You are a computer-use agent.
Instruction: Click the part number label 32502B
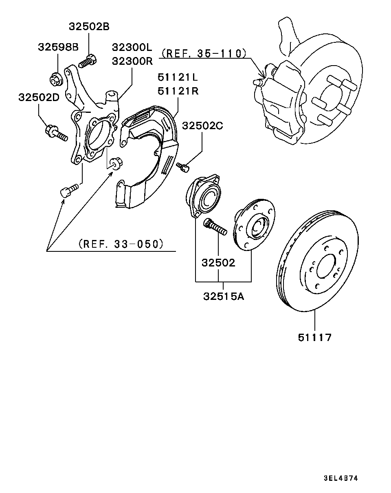tap(89, 27)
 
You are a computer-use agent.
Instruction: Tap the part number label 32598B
tap(58, 47)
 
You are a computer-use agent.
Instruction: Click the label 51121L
tap(178, 77)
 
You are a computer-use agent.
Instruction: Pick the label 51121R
tap(178, 91)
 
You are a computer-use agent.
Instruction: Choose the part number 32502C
tap(202, 126)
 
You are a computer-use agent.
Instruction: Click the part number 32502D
tap(38, 97)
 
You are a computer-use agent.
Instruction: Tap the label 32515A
tap(224, 296)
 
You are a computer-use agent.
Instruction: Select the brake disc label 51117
tap(315, 337)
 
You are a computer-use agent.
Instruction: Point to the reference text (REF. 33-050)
tap(121, 244)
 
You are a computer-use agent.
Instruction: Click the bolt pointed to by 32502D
tap(55, 133)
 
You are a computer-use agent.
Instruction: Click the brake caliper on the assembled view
tap(281, 102)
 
